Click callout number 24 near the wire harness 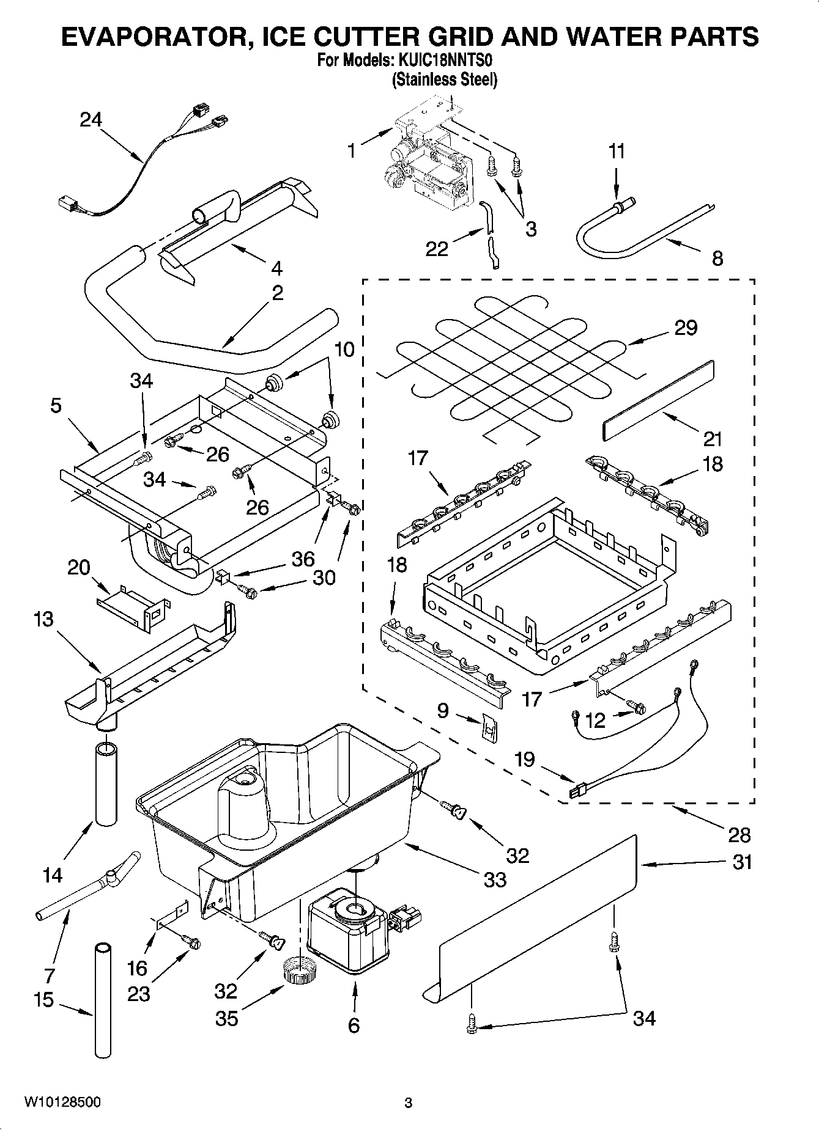[x=91, y=120]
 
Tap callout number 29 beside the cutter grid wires [x=686, y=328]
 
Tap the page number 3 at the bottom [x=409, y=1103]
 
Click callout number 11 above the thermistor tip [x=617, y=151]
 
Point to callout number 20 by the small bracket [x=78, y=568]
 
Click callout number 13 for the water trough [x=43, y=619]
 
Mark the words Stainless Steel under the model [x=444, y=79]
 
